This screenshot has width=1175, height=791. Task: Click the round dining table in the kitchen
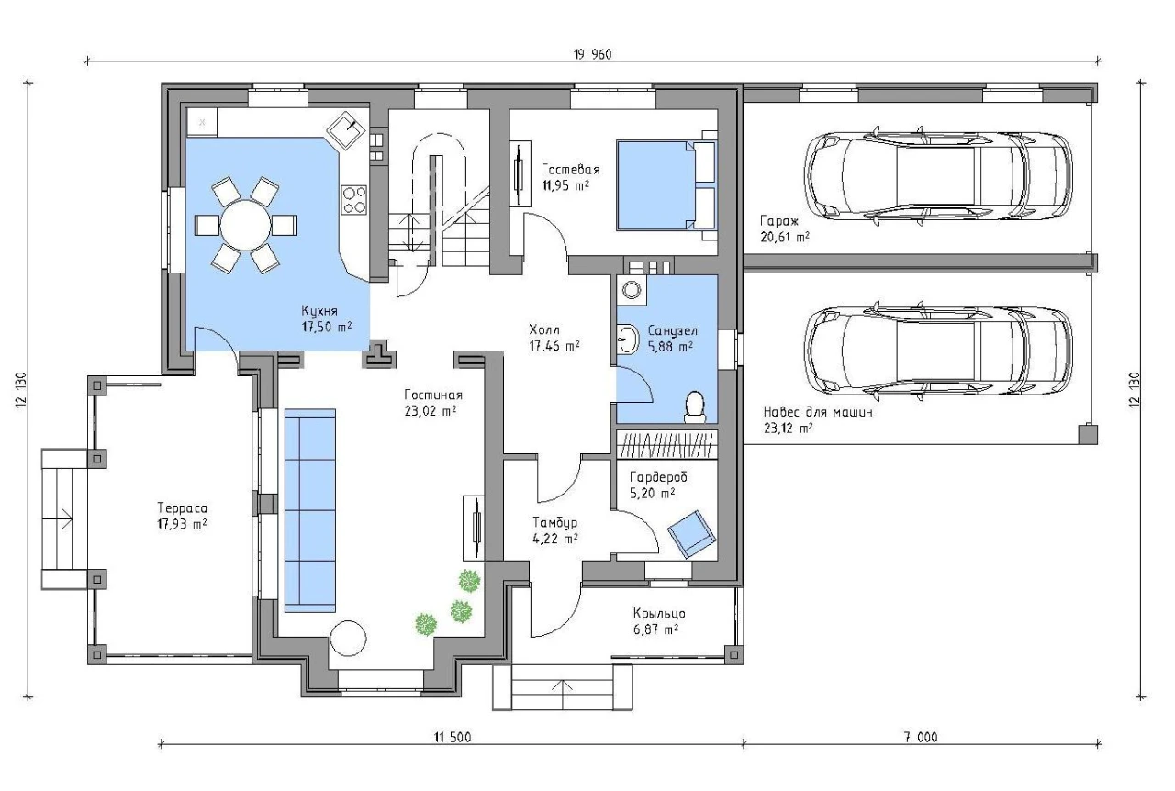245,225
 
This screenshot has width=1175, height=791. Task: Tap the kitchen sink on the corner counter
347,130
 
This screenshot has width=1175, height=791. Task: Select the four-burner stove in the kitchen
354,200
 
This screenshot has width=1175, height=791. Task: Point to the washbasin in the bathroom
627,340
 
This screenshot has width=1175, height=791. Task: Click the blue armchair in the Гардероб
691,534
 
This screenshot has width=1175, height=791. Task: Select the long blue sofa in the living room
310,510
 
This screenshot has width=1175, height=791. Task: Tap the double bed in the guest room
666,185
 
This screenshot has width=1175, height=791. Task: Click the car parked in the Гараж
938,177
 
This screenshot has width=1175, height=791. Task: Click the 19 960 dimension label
592,54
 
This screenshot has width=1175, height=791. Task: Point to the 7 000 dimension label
920,737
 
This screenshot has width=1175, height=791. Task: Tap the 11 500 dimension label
453,737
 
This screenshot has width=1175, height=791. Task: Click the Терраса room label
182,507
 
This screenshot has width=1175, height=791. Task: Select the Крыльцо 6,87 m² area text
658,621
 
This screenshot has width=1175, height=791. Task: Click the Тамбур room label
555,522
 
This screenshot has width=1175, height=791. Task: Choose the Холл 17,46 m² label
554,338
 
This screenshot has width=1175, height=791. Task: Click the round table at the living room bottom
348,638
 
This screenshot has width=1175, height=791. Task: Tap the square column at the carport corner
1088,434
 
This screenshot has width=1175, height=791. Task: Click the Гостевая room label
570,170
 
